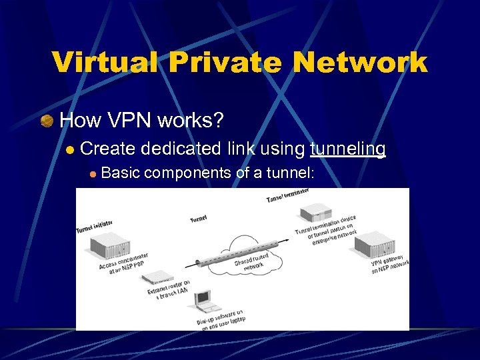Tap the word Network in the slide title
click(363, 63)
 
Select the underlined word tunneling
click(347, 149)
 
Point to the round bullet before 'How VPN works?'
click(47, 121)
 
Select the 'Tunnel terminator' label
click(287, 196)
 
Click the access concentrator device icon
click(101, 248)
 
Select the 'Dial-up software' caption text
click(219, 319)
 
